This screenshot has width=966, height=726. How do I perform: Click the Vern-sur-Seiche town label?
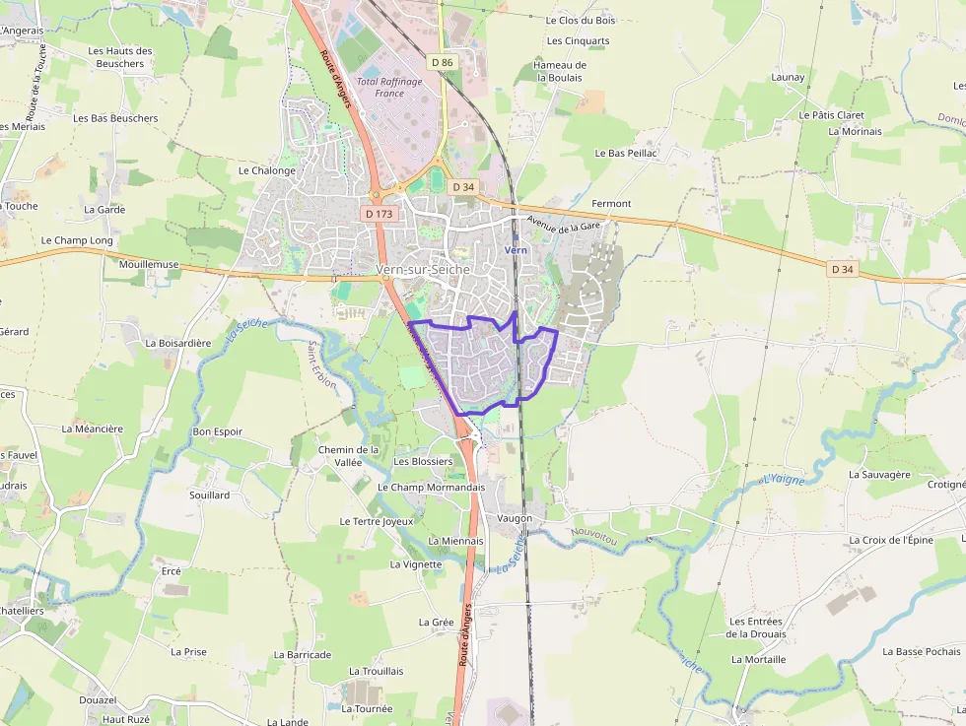[x=423, y=269]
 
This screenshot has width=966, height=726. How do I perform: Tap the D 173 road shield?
[x=378, y=213]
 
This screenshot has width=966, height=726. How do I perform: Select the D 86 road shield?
[x=443, y=63]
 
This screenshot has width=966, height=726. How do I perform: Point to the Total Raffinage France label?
[x=389, y=88]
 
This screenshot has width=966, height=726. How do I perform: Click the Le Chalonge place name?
[x=267, y=170]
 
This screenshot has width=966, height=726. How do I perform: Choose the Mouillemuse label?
[x=149, y=265]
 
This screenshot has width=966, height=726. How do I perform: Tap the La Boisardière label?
[x=178, y=344]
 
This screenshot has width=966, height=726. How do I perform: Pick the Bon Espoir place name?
[x=218, y=431]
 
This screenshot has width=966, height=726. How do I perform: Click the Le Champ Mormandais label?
[x=432, y=487]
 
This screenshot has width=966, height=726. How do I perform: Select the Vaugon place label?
[x=515, y=518]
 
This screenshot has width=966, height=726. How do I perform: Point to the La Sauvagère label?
[x=879, y=474]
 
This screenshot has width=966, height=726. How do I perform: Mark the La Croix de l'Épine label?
[x=890, y=541]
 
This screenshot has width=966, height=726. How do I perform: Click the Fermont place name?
[x=611, y=204]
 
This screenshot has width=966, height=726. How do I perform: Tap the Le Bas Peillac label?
[x=626, y=154]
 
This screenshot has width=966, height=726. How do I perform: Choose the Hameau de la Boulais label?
[x=560, y=71]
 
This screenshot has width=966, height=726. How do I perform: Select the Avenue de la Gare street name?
[x=564, y=225]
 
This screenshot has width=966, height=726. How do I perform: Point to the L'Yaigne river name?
[x=784, y=479]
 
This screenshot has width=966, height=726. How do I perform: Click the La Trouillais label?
[x=377, y=671]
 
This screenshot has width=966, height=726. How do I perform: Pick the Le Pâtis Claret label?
[x=832, y=115]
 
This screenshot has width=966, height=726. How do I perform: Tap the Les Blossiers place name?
[x=423, y=461]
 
